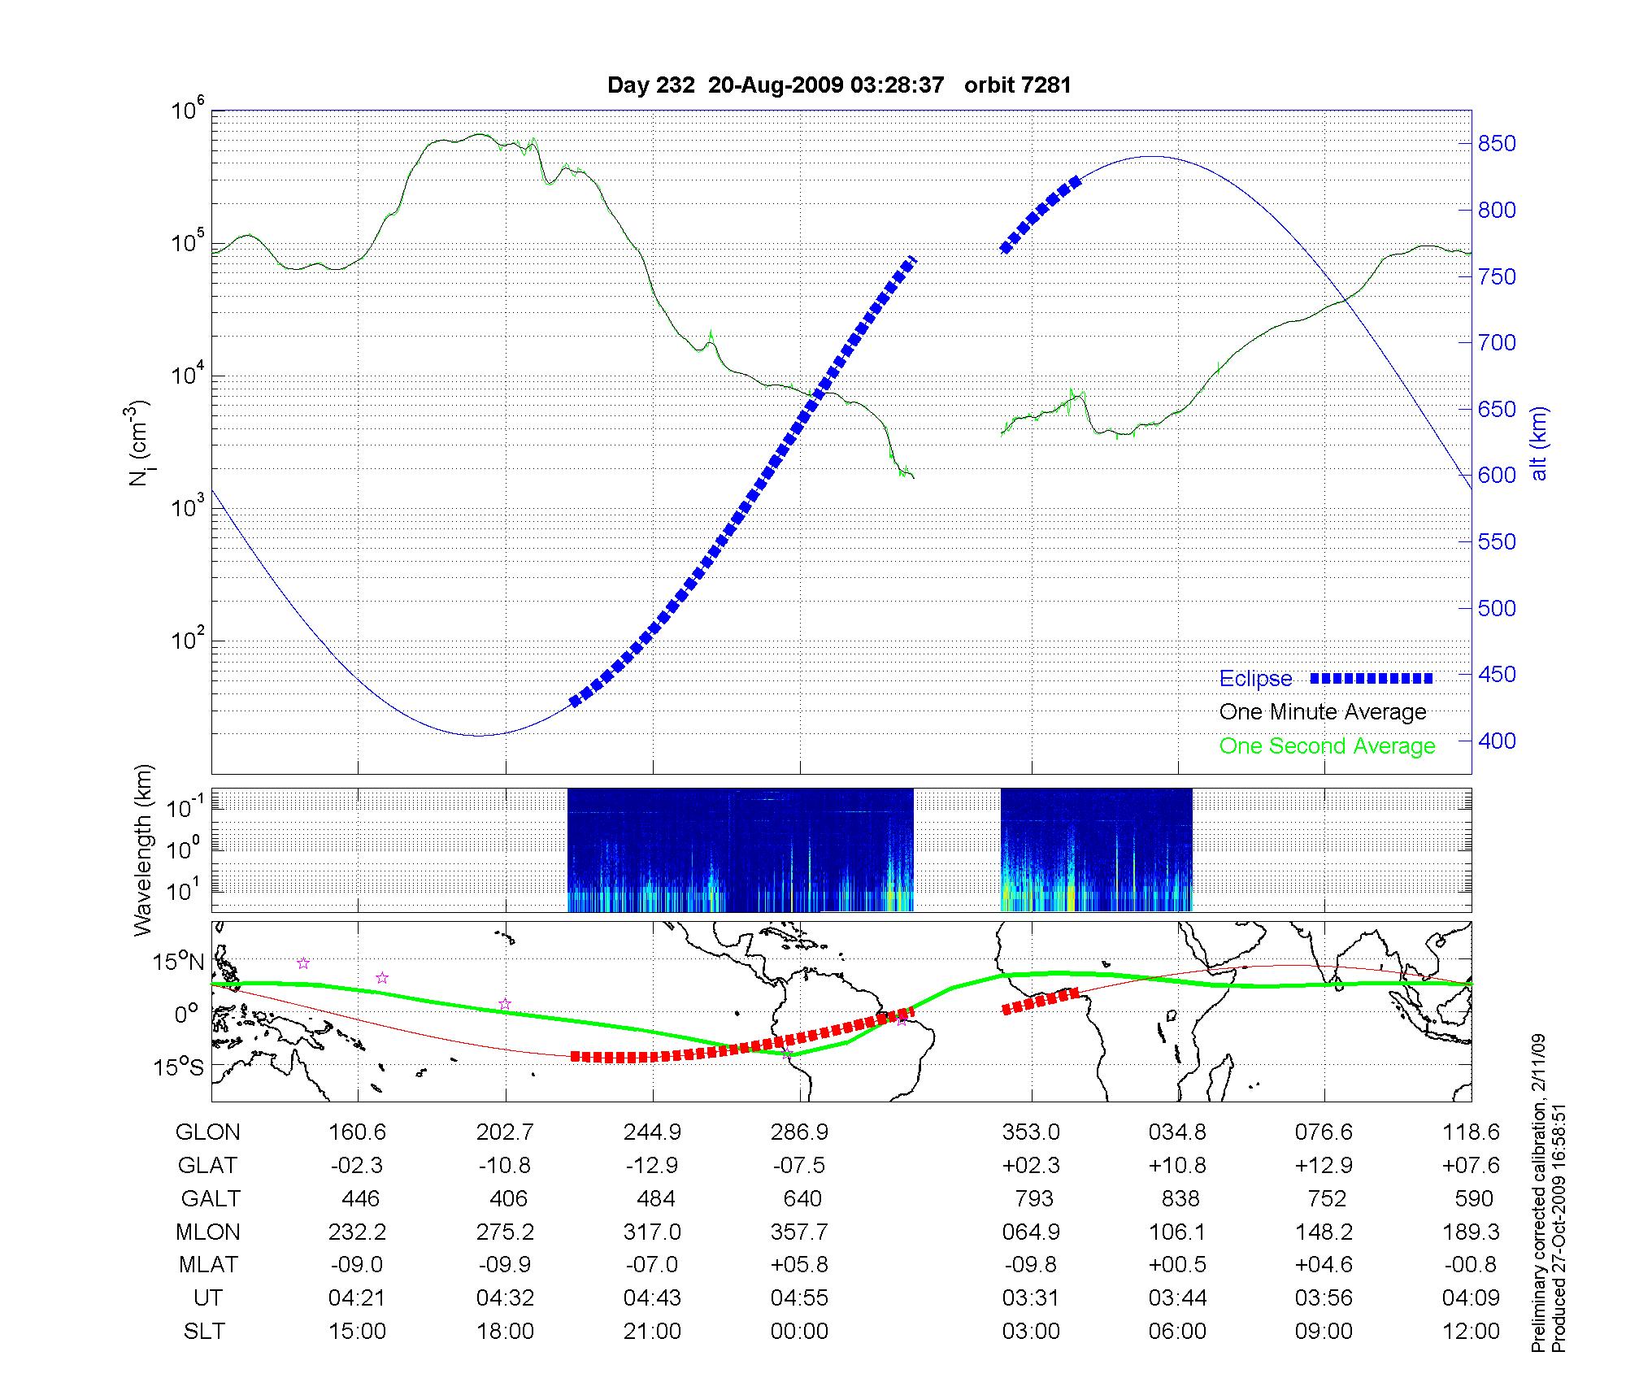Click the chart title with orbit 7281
point(839,85)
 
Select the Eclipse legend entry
point(1255,679)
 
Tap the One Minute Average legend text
point(1323,712)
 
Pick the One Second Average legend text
point(1327,746)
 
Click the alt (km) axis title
point(1539,443)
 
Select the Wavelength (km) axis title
point(143,850)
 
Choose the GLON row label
point(207,1132)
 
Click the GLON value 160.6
point(357,1132)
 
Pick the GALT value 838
point(1180,1199)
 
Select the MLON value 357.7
point(799,1232)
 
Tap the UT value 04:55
point(799,1298)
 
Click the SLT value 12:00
point(1471,1332)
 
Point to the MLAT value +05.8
point(799,1265)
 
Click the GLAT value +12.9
point(1324,1166)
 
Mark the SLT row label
point(204,1332)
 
